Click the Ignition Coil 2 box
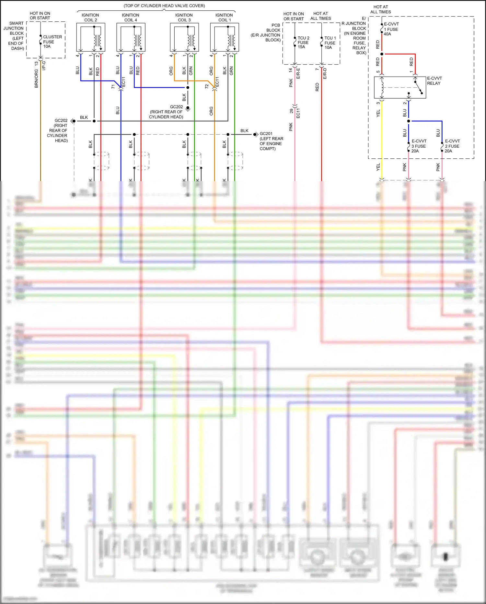[x=90, y=37]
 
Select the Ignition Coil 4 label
[x=130, y=18]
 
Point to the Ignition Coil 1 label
[x=224, y=18]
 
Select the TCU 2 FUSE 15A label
[x=303, y=43]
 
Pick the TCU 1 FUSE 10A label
[x=330, y=43]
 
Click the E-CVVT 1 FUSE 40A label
[x=391, y=29]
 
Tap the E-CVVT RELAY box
[x=400, y=87]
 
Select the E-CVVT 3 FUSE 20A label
[x=419, y=146]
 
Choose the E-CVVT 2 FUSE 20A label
[x=452, y=146]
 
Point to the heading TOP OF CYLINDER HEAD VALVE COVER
[x=164, y=6]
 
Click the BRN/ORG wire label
[x=36, y=79]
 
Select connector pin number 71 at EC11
[x=113, y=87]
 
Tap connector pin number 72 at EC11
[x=207, y=87]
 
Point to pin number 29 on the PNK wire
[x=291, y=111]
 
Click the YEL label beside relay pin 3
[x=378, y=113]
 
